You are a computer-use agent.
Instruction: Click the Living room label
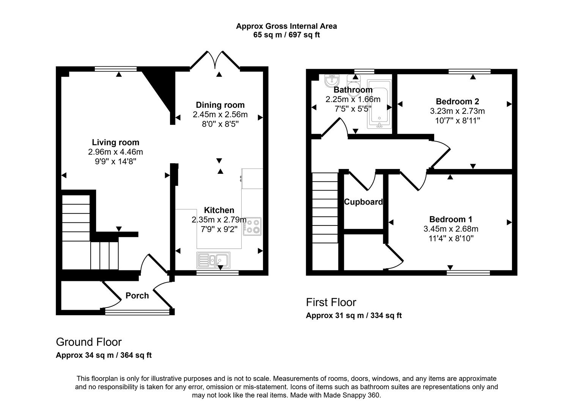(x=115, y=142)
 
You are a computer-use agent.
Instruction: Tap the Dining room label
(x=220, y=105)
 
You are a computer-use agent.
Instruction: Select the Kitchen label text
(x=219, y=210)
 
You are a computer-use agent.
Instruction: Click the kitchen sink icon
(x=213, y=260)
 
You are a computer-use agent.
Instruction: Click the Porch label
(x=137, y=295)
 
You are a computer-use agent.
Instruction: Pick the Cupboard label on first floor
(x=363, y=202)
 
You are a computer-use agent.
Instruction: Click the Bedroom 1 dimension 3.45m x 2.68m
(x=450, y=229)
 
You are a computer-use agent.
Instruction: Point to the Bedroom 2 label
(x=457, y=101)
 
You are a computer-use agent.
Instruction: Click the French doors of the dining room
(x=215, y=61)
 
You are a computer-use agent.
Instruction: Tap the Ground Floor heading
(x=89, y=342)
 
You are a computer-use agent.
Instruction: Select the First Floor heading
(x=331, y=303)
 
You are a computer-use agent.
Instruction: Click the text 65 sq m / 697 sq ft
(x=286, y=35)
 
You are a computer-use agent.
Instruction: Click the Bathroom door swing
(x=336, y=127)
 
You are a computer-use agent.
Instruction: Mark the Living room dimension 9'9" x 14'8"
(x=115, y=161)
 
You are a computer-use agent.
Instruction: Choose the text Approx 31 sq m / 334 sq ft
(x=354, y=315)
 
